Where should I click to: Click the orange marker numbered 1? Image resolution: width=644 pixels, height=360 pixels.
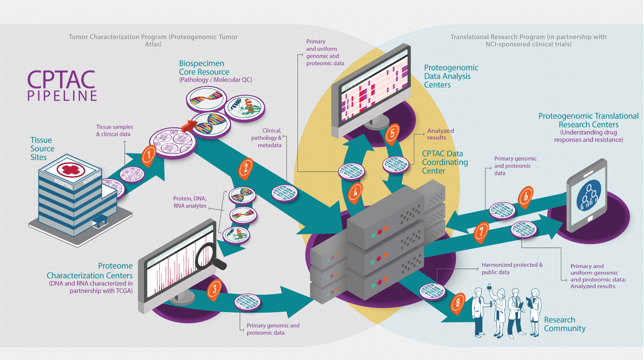tap(149, 154)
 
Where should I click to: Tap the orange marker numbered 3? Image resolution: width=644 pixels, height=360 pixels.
tap(214, 289)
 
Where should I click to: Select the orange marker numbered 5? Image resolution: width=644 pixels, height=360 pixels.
tap(392, 133)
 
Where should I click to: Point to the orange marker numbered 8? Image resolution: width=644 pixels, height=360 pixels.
tap(458, 302)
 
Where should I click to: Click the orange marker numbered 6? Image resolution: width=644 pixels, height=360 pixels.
tap(526, 196)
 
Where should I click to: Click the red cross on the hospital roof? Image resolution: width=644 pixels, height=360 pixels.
tap(71, 170)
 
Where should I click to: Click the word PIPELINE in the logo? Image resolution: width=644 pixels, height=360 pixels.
tap(63, 96)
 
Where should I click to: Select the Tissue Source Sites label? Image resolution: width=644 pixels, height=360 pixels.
tap(42, 149)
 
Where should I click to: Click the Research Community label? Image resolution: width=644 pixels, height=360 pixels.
tap(564, 324)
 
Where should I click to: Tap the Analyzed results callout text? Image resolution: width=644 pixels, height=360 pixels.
tap(440, 134)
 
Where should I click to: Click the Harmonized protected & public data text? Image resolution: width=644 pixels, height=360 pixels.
tap(512, 268)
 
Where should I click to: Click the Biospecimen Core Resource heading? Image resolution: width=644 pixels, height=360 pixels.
tap(204, 68)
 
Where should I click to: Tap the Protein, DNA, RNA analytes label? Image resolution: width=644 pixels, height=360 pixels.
tap(190, 202)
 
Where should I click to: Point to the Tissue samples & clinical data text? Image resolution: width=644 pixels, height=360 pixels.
tap(114, 130)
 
